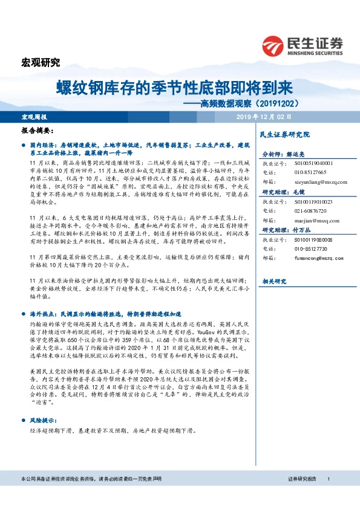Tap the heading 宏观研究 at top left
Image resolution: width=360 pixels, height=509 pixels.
click(x=41, y=62)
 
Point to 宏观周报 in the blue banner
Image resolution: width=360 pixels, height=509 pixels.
click(x=34, y=116)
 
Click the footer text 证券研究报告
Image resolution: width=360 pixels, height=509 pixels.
click(x=301, y=479)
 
